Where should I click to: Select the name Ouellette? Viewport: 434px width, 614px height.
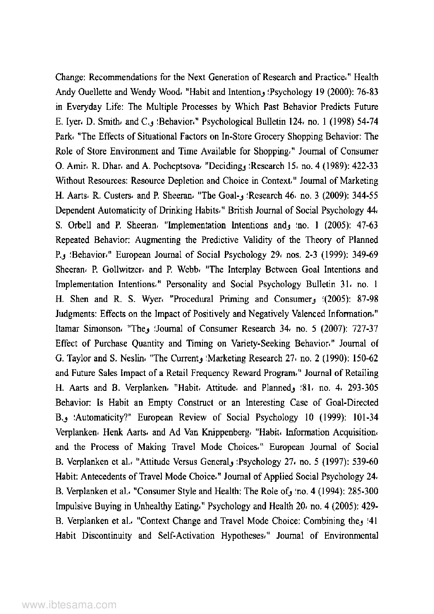click(92, 92)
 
